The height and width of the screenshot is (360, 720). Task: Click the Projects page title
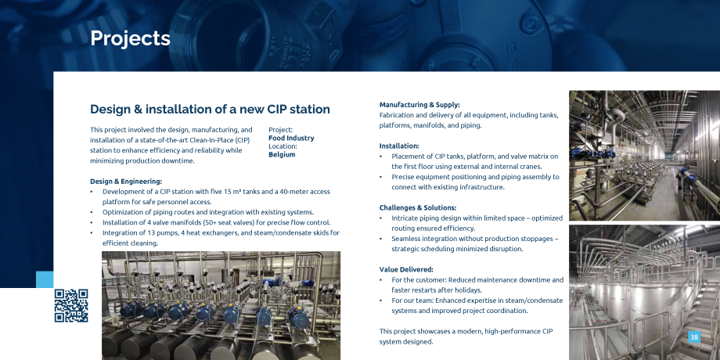point(130,38)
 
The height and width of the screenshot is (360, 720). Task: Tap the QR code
point(71,305)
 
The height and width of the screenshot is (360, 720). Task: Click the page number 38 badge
point(694,337)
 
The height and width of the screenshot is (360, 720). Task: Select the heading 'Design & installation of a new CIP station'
point(210,110)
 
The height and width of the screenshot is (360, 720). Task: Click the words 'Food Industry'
point(291,138)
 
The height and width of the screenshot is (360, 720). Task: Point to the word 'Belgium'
point(282,154)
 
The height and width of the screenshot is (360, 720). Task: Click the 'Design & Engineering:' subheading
point(126,182)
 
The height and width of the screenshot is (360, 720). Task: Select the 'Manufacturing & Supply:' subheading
point(419,105)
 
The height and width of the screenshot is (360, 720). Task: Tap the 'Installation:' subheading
point(399,146)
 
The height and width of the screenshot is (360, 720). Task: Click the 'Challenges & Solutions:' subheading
point(417,207)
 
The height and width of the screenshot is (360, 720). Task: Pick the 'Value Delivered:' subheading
point(406,269)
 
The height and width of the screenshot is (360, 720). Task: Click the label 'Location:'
point(283,146)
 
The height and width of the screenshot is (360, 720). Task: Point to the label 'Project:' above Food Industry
point(280,130)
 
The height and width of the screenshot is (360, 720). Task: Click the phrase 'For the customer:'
point(419,279)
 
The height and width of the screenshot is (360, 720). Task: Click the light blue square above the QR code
point(45,279)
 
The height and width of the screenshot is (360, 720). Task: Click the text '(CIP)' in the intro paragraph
point(241,140)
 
